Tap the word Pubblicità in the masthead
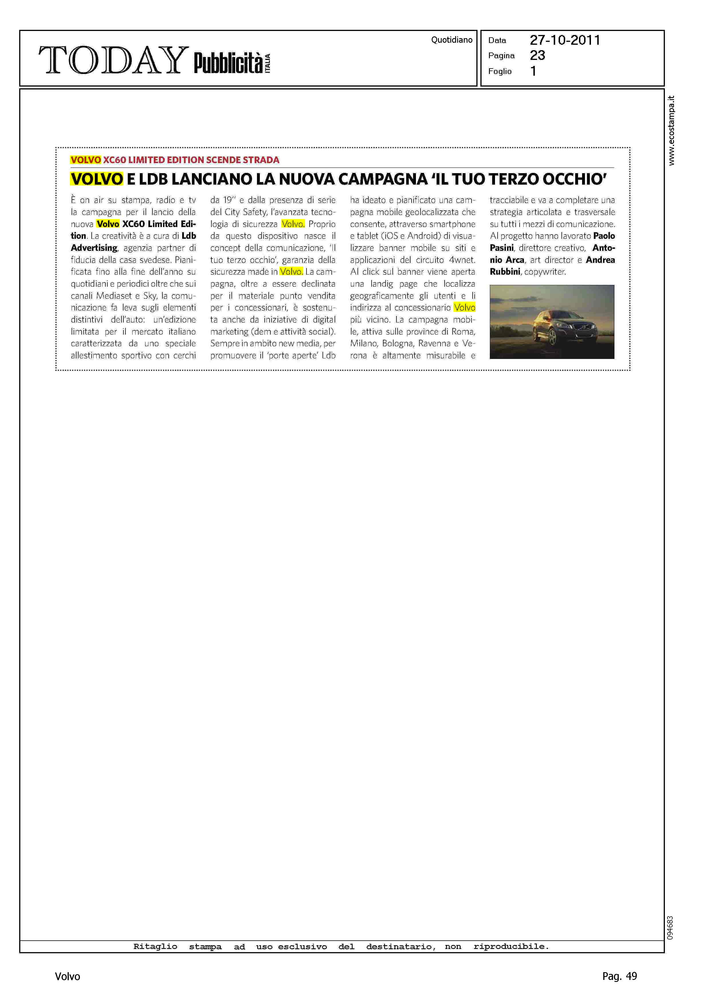click(228, 63)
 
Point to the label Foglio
click(500, 71)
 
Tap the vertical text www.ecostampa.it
click(671, 130)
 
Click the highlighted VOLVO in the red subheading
click(85, 160)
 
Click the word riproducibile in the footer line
click(511, 946)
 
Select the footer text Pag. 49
click(619, 976)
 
